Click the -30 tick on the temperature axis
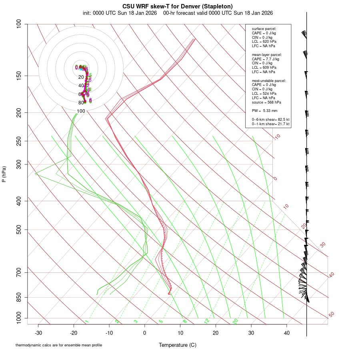click(x=38, y=333)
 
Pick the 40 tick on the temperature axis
click(x=286, y=333)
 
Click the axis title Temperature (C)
click(x=178, y=345)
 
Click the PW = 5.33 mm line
click(x=262, y=110)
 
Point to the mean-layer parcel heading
click(x=267, y=54)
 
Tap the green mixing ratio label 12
click(x=207, y=321)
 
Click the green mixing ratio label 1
click(x=87, y=322)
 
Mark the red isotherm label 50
click(x=331, y=315)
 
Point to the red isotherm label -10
click(x=276, y=137)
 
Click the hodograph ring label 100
click(x=81, y=111)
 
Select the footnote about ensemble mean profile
click(x=58, y=345)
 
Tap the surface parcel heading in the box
click(x=264, y=29)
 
